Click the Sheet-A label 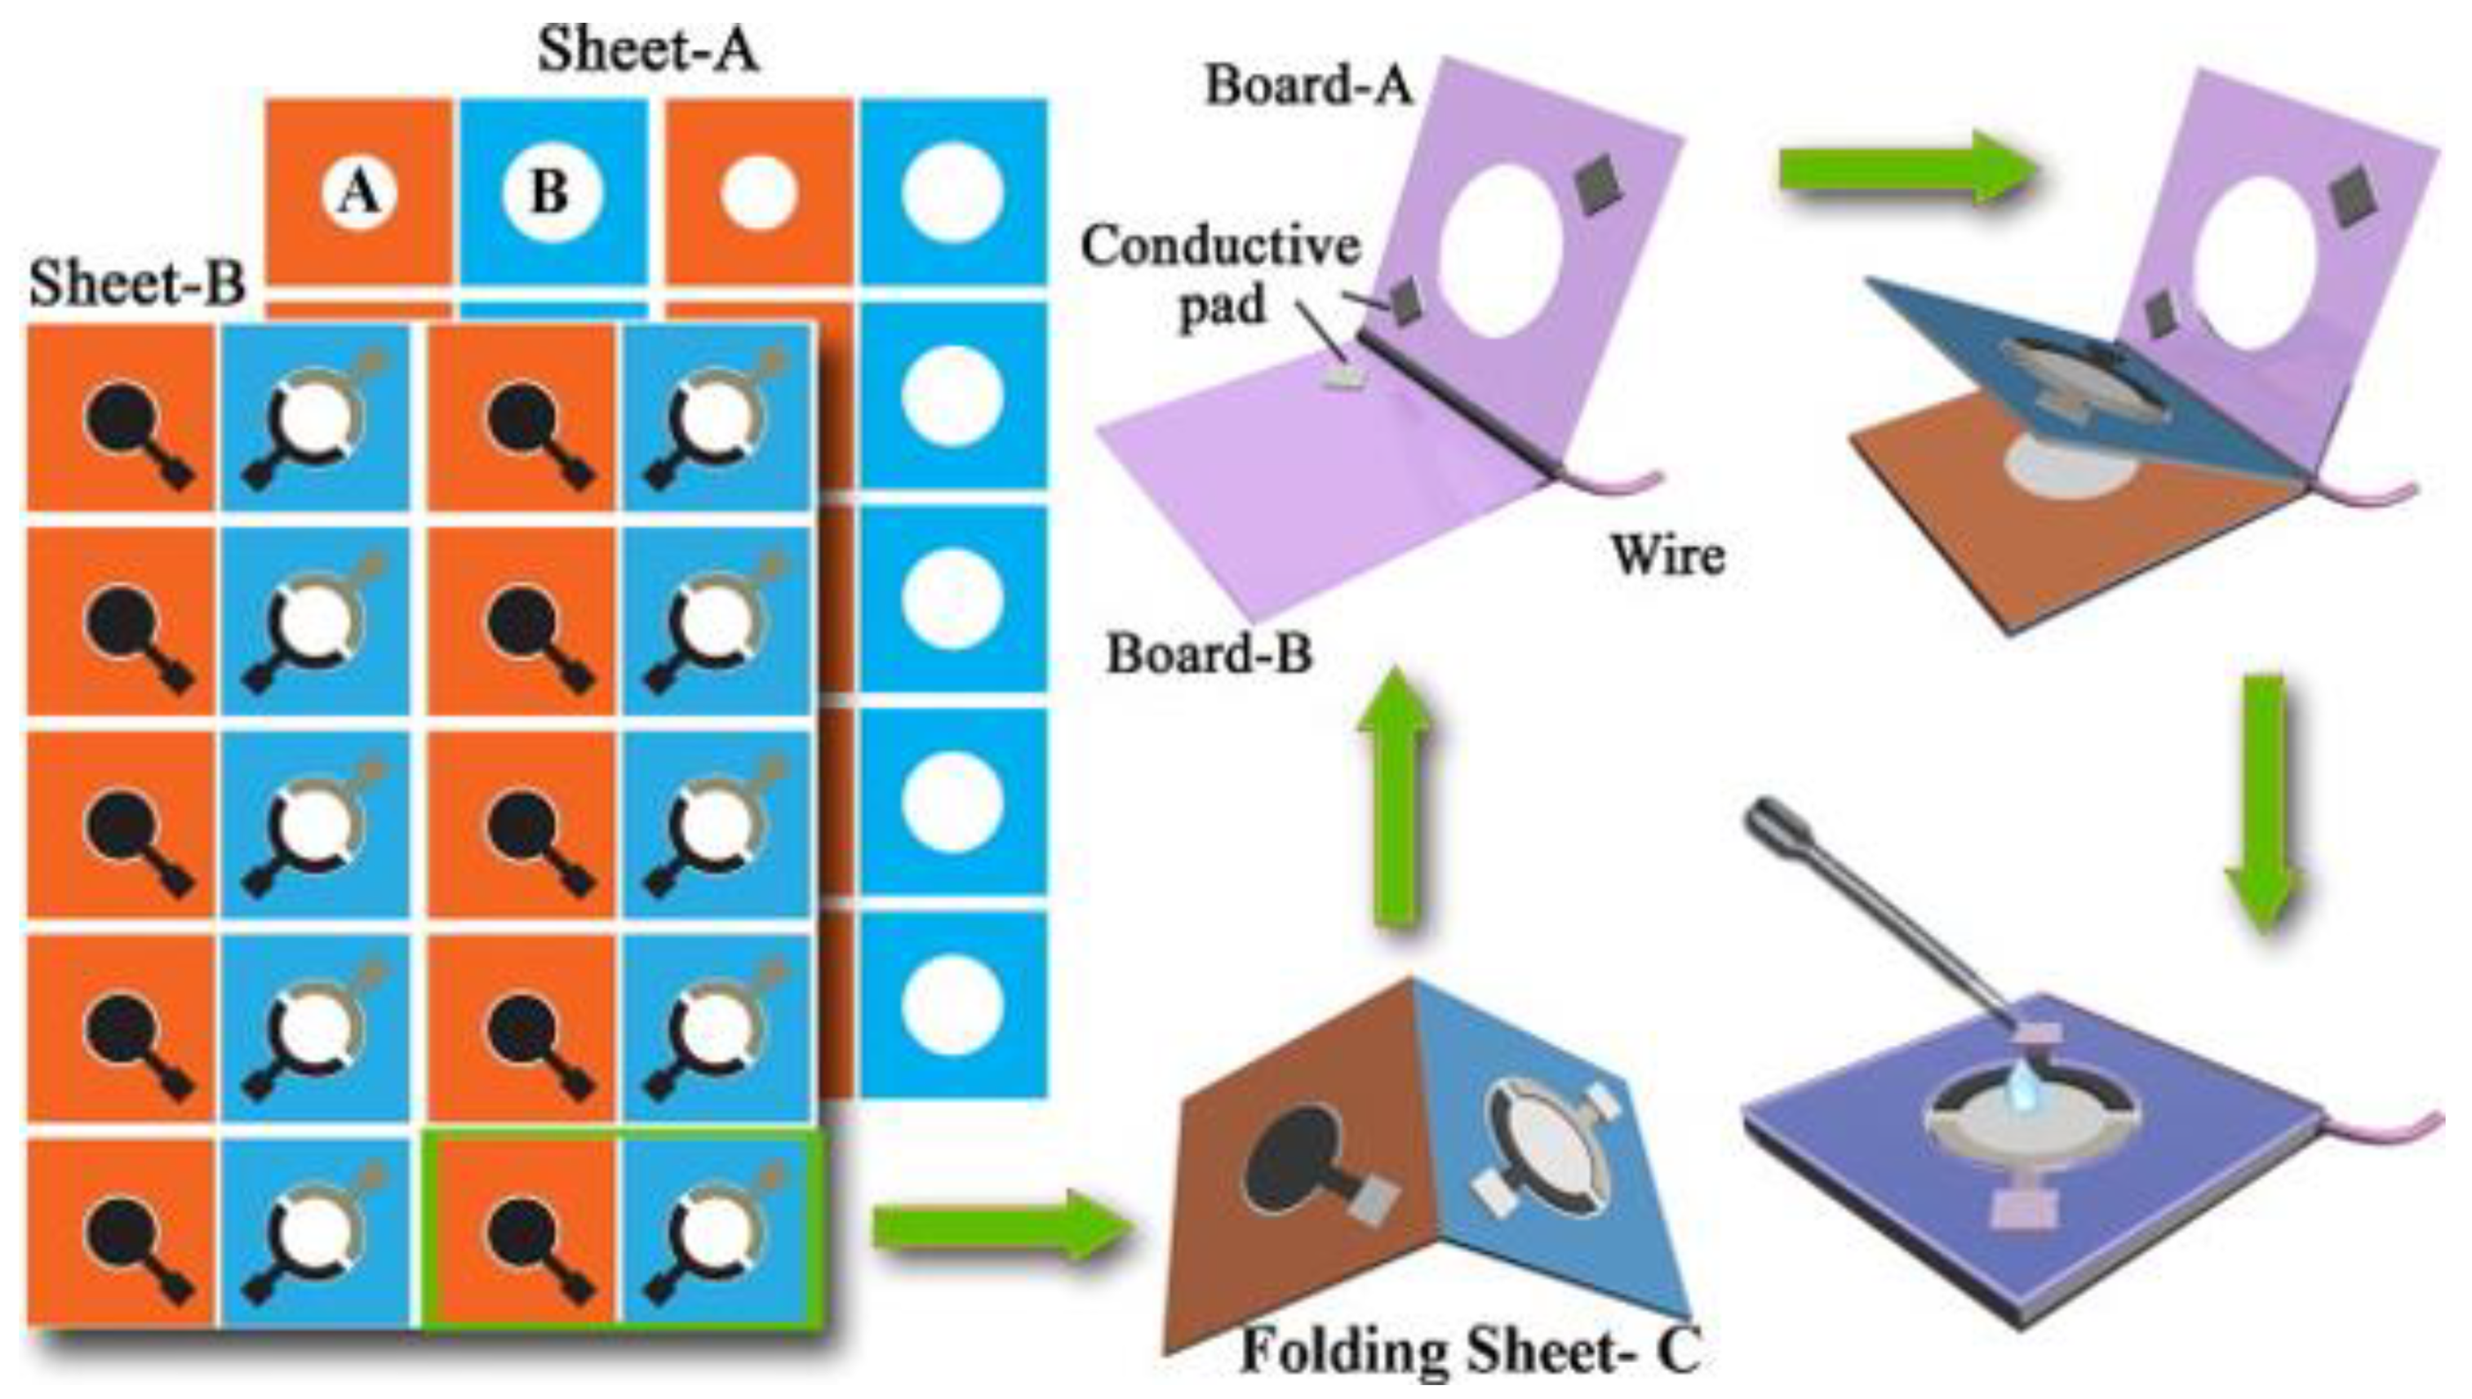click(648, 50)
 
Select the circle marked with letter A click(358, 193)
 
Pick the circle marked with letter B click(552, 193)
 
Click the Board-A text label click(1308, 86)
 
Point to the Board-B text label click(1208, 655)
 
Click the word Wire click(1667, 556)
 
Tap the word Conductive click(1221, 246)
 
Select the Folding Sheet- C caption click(1471, 1350)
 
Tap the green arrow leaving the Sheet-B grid click(1000, 1227)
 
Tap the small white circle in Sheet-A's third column click(758, 193)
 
